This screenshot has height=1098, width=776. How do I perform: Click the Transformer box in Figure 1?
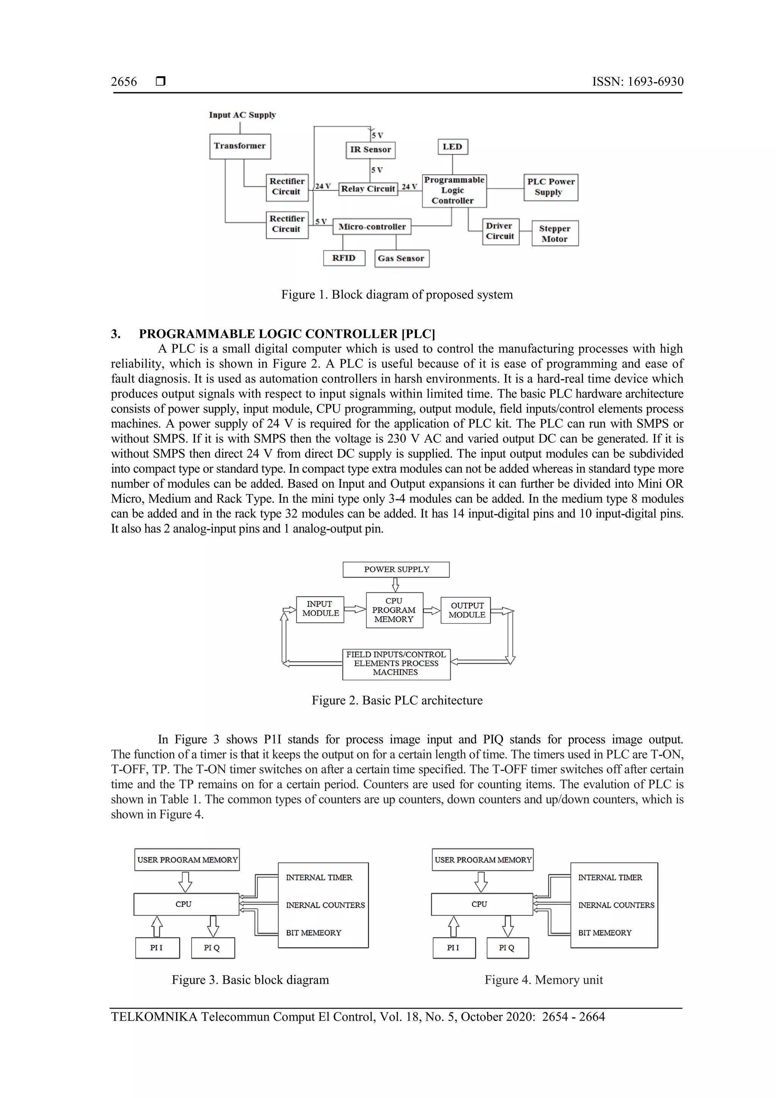tap(240, 146)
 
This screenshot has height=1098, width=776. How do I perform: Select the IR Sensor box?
tap(370, 150)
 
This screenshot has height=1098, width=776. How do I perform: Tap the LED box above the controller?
tap(452, 147)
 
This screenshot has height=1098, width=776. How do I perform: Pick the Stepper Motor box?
tap(555, 233)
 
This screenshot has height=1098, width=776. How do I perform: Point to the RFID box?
tap(344, 258)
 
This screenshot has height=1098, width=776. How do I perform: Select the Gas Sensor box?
tap(401, 259)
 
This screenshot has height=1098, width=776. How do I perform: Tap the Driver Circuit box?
tap(500, 232)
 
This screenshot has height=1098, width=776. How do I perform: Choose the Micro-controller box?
tap(371, 227)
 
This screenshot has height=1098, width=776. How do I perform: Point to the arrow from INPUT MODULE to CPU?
tap(354, 609)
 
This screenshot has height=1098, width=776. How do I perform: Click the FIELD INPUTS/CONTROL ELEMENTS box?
tap(396, 664)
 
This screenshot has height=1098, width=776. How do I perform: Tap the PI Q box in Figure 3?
tap(212, 948)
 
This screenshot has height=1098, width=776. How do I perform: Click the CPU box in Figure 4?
tap(482, 904)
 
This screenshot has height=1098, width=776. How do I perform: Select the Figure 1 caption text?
tap(397, 294)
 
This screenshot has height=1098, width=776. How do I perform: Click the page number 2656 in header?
tap(124, 82)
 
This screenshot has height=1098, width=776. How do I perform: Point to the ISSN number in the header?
tap(637, 82)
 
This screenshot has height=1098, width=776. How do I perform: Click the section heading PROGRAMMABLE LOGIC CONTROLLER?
tap(287, 334)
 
